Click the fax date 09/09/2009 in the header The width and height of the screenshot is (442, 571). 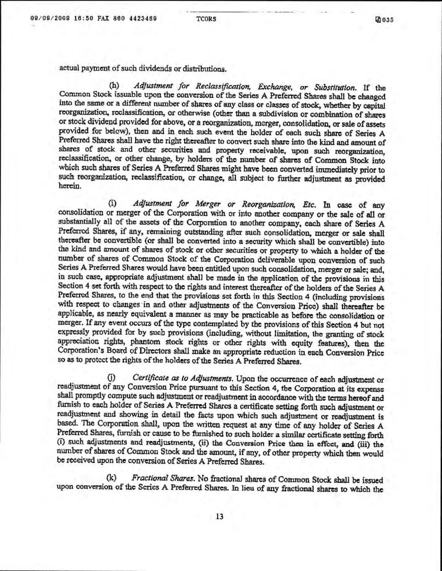click(46, 19)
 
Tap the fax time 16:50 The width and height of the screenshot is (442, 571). click(74, 19)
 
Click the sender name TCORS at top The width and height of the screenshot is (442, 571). click(206, 19)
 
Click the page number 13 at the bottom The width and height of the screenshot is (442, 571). click(219, 516)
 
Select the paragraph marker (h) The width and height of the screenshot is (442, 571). click(114, 88)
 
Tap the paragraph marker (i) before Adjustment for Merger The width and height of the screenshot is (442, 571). click(112, 204)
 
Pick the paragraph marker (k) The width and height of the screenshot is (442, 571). click(112, 477)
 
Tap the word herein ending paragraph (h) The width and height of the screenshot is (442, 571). click(70, 188)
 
